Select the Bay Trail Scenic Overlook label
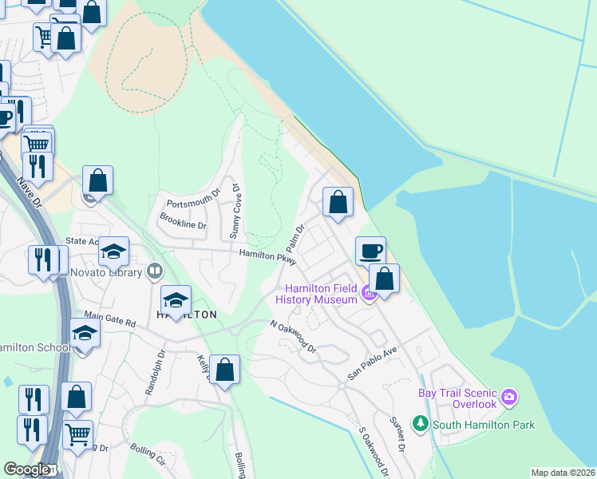point(457,398)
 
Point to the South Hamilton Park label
point(484,425)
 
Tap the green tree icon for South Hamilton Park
point(420,422)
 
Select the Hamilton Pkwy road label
point(267,255)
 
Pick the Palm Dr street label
point(295,239)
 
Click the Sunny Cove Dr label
point(235,212)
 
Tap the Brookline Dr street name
point(183,221)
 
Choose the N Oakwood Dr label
point(293,337)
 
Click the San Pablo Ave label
point(371,363)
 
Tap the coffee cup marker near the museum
point(370,251)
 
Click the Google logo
point(26,470)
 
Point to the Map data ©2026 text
point(562,473)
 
